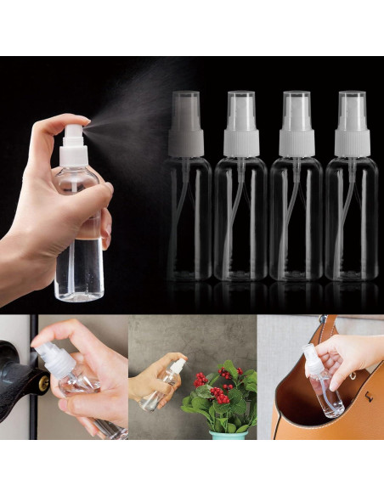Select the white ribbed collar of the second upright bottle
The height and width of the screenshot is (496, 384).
click(240, 143)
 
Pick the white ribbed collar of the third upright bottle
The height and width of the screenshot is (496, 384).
click(296, 143)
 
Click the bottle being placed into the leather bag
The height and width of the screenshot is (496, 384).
click(325, 386)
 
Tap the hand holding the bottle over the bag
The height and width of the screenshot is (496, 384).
click(348, 352)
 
